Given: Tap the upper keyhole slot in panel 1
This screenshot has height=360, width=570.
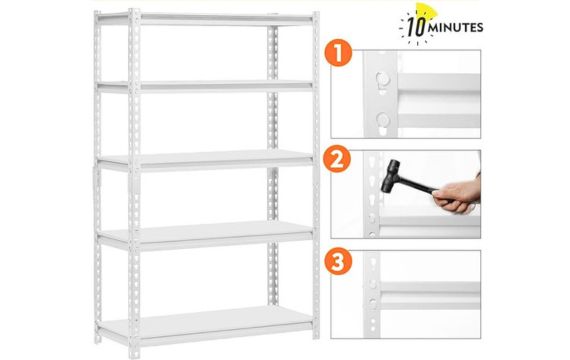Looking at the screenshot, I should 381,76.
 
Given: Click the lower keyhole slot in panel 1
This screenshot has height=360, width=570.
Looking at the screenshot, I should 382,119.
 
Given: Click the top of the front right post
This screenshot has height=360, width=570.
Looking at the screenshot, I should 313,14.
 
